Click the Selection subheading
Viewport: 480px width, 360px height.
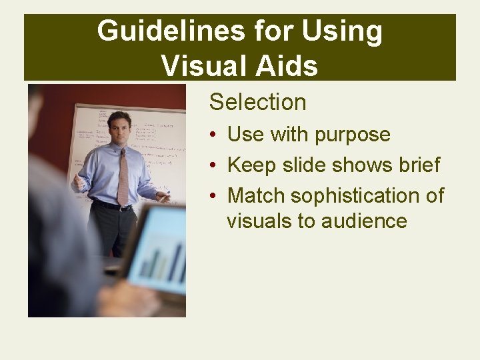(257, 102)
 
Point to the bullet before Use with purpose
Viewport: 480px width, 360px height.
(211, 135)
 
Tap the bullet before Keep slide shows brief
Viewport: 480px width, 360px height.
(211, 165)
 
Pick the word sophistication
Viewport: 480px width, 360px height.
(354, 196)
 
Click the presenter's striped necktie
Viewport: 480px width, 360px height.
(123, 177)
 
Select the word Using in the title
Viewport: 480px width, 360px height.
(342, 32)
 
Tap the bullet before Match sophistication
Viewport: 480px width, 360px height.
(211, 196)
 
